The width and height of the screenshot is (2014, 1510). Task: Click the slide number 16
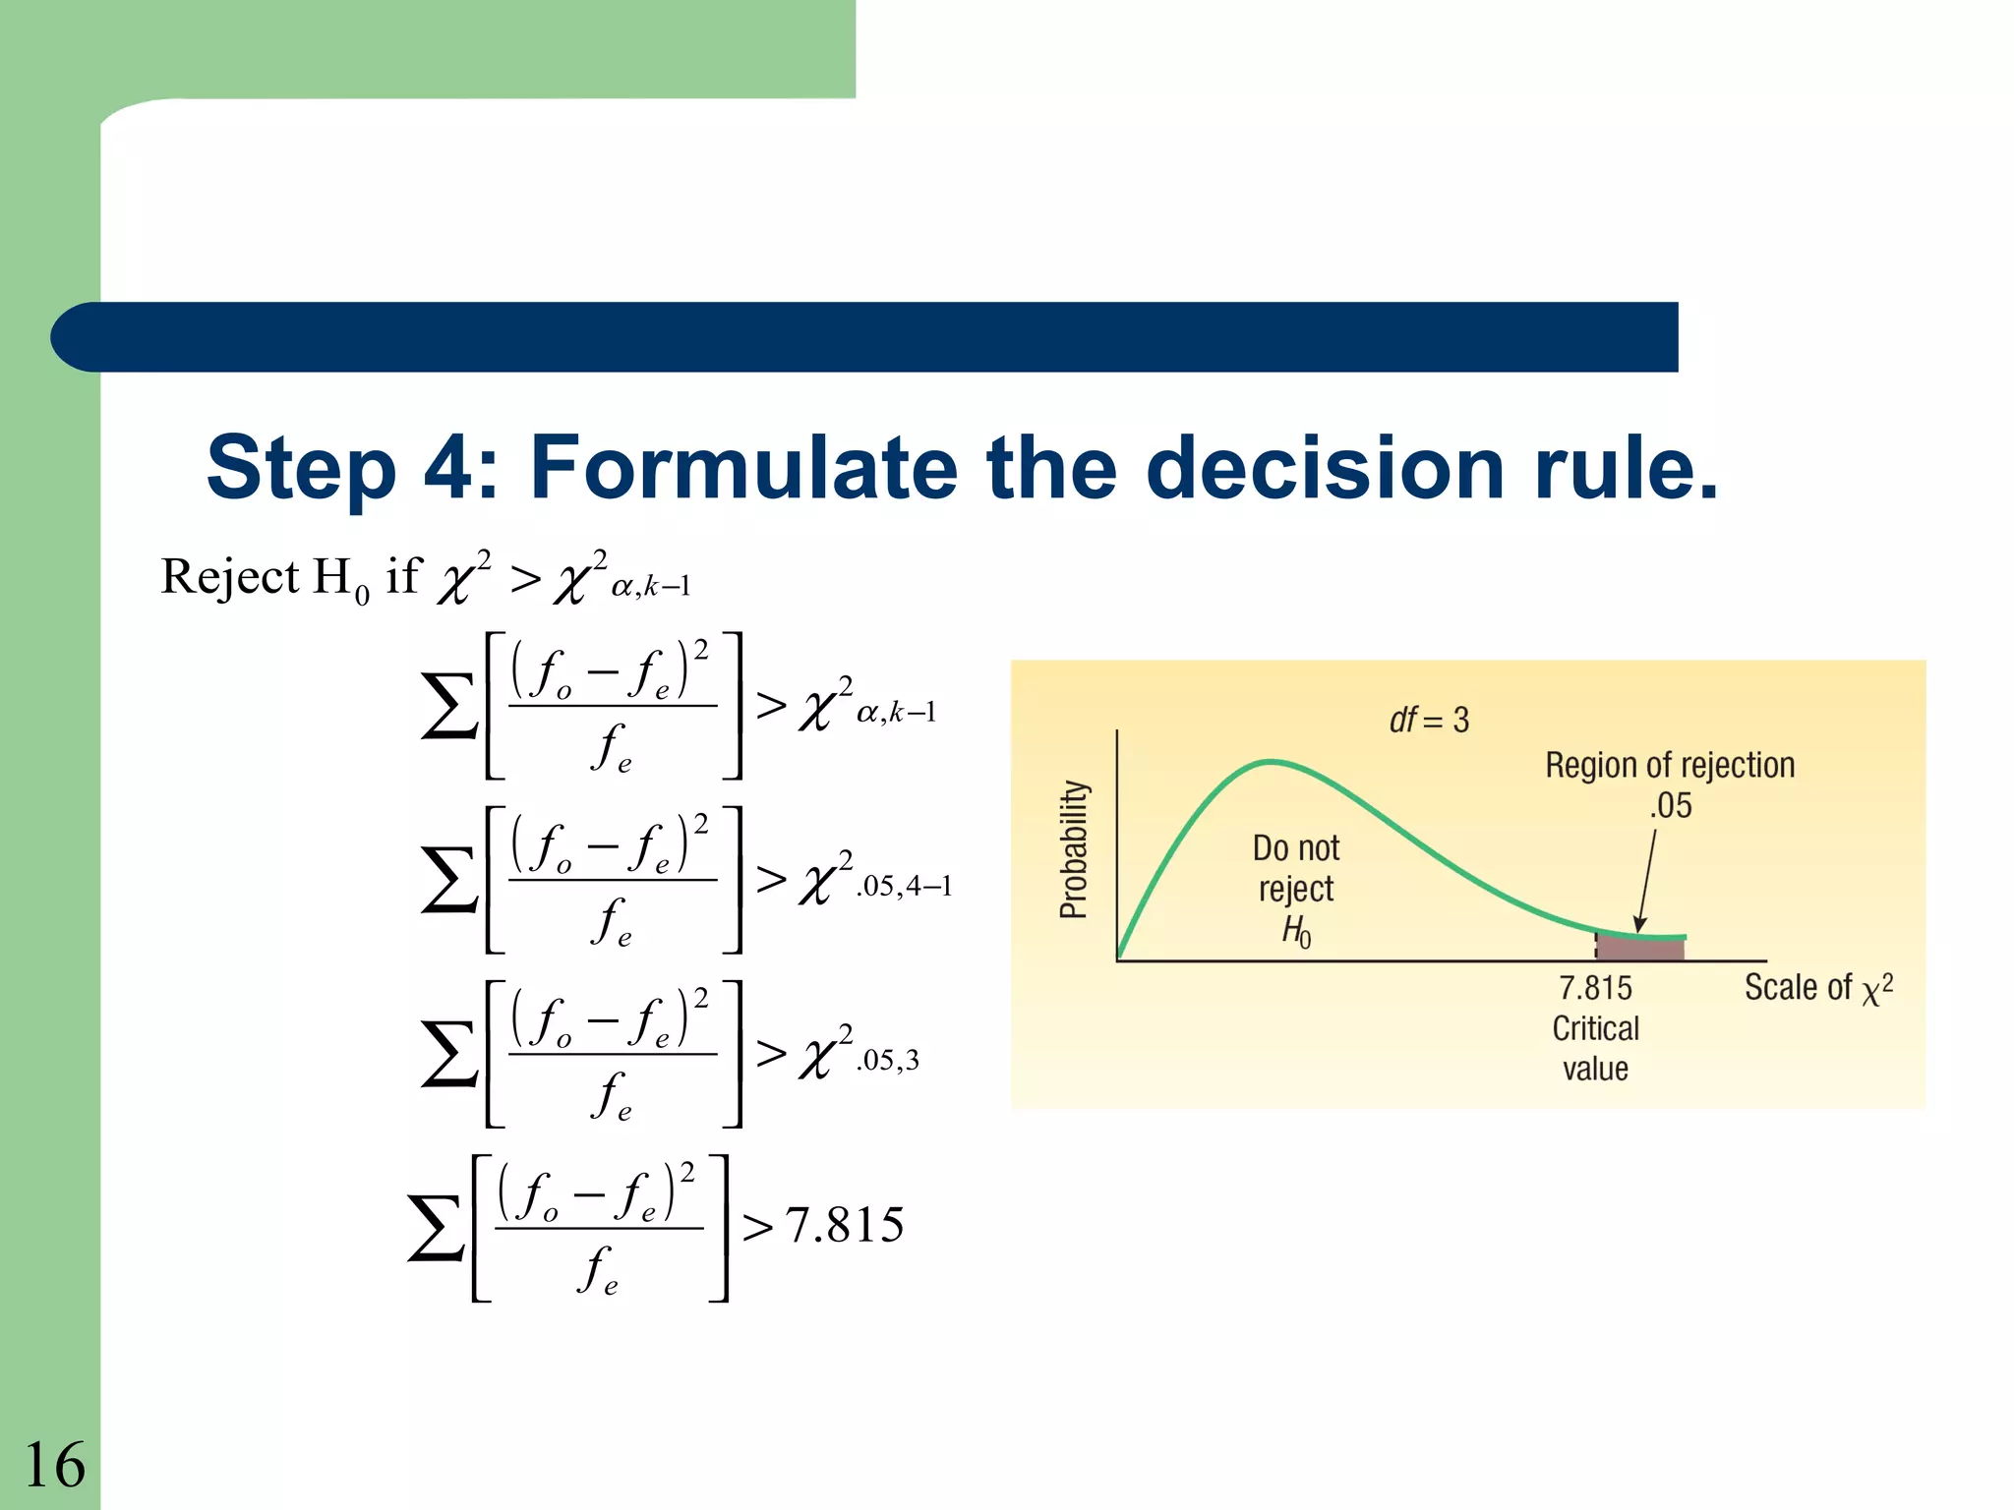click(54, 1465)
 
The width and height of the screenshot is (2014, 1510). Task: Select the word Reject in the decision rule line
click(229, 577)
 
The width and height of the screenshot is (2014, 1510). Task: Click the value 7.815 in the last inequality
click(845, 1226)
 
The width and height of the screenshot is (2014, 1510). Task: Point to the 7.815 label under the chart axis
click(1595, 987)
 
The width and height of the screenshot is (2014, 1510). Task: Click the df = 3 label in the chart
click(1429, 720)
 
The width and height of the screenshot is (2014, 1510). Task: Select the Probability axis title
click(1074, 849)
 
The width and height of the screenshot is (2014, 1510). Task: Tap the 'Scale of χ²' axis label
click(1817, 988)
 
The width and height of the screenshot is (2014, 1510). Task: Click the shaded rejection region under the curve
click(1639, 948)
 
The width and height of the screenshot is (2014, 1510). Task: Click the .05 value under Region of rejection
click(1671, 806)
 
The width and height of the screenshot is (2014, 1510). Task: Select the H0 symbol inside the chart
click(1296, 930)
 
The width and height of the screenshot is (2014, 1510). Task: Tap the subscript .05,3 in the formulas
click(888, 1061)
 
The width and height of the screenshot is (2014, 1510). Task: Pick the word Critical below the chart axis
click(1595, 1028)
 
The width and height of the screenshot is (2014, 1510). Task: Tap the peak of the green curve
click(1271, 762)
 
